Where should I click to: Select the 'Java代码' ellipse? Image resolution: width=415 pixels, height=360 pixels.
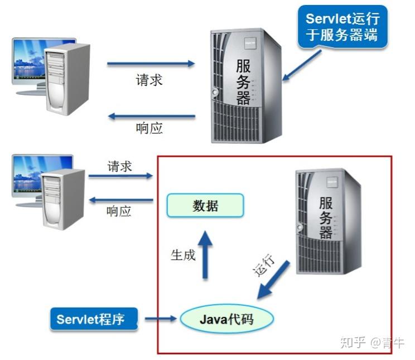[x=226, y=319]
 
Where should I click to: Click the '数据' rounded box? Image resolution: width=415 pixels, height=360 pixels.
[x=205, y=205]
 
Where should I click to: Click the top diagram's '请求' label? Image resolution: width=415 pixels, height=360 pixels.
[x=149, y=79]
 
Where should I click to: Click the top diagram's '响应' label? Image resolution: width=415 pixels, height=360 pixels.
[x=149, y=128]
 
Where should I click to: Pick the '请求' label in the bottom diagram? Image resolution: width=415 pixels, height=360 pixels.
[x=119, y=166]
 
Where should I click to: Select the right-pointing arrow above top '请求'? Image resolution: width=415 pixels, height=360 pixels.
[x=151, y=64]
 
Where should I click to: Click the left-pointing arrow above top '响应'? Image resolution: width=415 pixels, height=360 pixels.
[x=151, y=117]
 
